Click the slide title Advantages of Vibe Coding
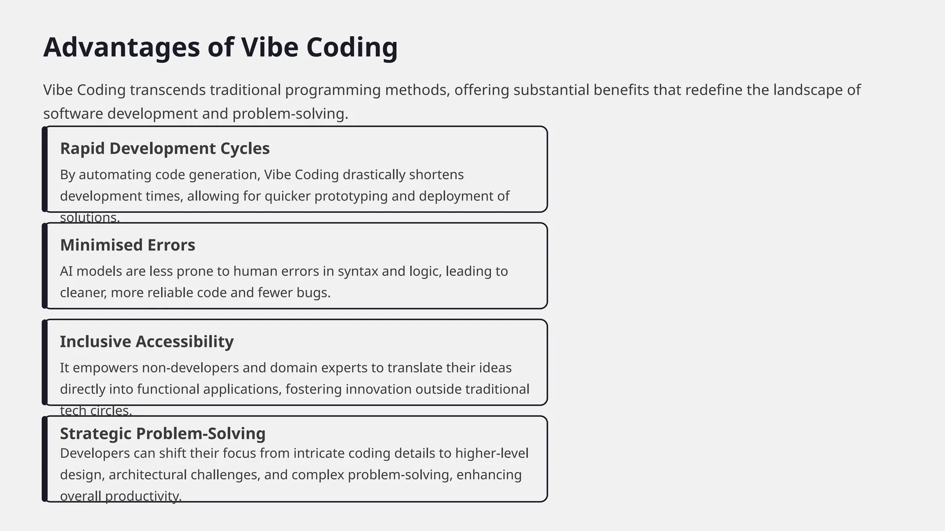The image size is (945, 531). point(220,47)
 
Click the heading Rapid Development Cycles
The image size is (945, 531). point(165,148)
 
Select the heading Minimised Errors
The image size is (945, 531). point(127,245)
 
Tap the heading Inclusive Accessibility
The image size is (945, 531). point(147,342)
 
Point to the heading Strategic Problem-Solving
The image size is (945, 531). point(162,433)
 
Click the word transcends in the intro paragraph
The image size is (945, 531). point(167,90)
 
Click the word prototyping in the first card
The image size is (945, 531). point(351,196)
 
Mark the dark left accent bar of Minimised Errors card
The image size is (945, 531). point(45,266)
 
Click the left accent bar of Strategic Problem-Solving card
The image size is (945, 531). point(45,459)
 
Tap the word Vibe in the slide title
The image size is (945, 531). point(269,47)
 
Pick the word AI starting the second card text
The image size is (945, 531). point(66,271)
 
